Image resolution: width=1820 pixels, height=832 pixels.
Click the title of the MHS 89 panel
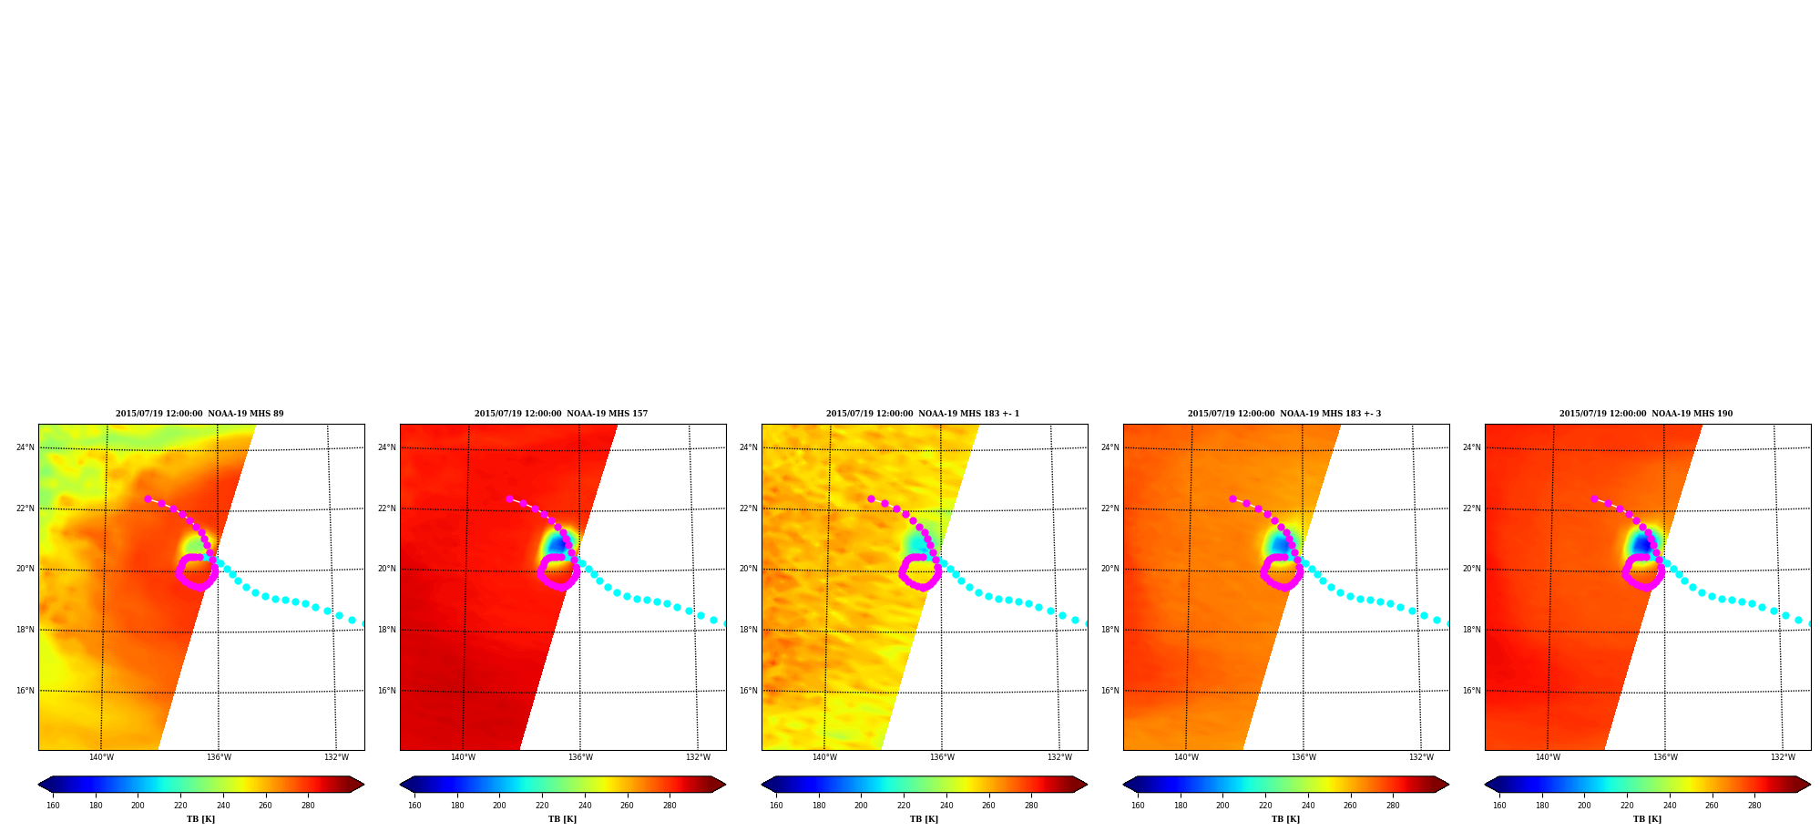coord(199,414)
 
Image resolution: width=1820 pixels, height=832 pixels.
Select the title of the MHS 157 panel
coord(561,414)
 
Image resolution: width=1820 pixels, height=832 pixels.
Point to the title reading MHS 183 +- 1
coord(923,414)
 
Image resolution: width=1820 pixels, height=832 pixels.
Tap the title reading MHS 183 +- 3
coord(1284,414)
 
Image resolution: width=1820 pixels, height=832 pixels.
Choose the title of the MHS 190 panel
coord(1646,414)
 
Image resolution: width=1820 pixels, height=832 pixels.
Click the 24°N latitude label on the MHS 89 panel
coord(26,447)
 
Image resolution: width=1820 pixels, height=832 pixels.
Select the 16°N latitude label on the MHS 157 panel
coord(387,691)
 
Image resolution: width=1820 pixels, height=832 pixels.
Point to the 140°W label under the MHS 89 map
coord(101,757)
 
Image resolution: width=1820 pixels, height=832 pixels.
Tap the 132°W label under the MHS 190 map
coord(1783,757)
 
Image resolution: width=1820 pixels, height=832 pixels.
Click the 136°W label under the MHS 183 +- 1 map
coord(942,757)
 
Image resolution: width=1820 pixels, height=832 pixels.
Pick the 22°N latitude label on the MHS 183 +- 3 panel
coord(1110,508)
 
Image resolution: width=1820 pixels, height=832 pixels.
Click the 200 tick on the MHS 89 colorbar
coord(138,806)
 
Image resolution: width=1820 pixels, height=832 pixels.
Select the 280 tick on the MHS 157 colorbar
coord(670,806)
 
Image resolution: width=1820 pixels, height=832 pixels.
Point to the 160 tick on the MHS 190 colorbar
coord(1499,806)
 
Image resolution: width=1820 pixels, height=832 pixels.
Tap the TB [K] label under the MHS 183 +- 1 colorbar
coord(924,819)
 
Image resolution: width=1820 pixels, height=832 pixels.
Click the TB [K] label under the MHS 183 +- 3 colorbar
coord(1285,819)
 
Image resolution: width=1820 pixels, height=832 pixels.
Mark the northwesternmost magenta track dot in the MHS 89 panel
coord(148,498)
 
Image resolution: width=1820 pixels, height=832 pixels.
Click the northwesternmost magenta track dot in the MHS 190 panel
coord(1594,498)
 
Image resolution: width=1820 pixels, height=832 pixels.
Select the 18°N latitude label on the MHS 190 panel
coord(1472,630)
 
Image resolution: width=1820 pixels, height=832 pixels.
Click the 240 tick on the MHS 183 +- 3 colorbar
coord(1308,806)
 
